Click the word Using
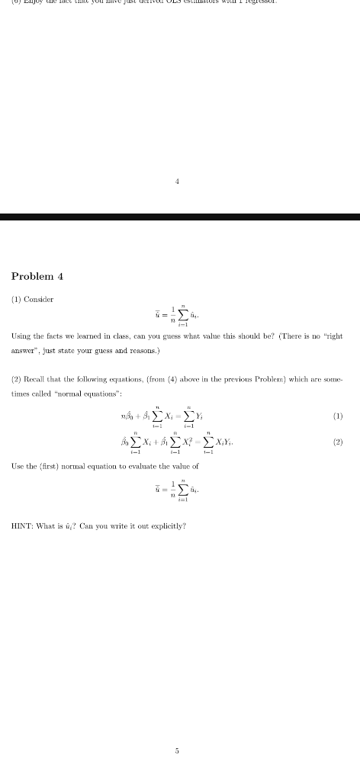click(21, 336)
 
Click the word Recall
click(39, 380)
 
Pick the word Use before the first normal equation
click(19, 466)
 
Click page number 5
click(177, 750)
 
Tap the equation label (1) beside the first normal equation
click(338, 416)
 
